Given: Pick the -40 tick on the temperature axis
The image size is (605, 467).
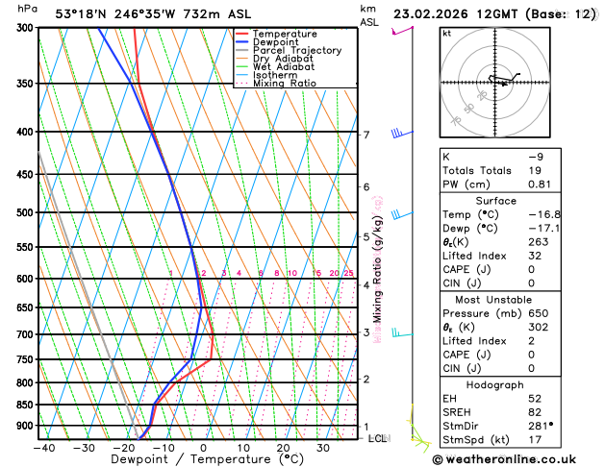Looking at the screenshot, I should click(x=42, y=448).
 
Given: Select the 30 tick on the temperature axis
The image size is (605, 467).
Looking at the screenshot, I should click(x=323, y=448).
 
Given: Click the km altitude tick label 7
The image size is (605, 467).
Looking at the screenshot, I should click(x=366, y=135).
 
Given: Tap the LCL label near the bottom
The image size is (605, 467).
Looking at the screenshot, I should click(x=378, y=438).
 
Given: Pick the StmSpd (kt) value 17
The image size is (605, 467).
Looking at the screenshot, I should click(x=535, y=440).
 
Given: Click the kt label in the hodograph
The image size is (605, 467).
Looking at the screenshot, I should click(x=446, y=33).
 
